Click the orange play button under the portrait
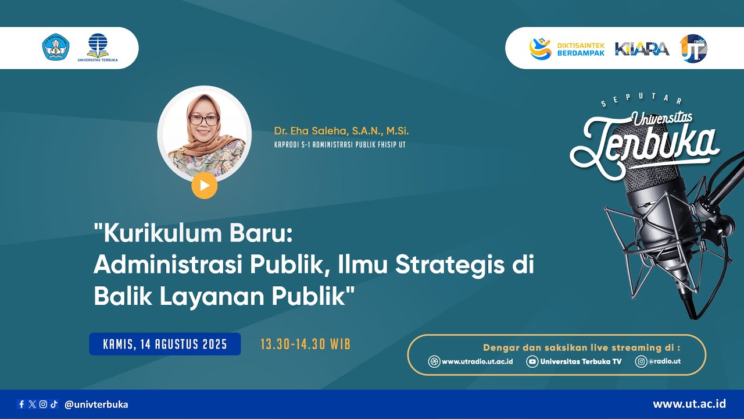coord(204,186)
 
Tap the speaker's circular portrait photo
coord(204,133)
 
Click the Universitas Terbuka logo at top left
coord(98,48)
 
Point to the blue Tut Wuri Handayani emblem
coord(56,47)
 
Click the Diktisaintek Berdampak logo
coord(567,48)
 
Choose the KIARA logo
coord(642,49)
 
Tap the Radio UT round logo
coord(693,48)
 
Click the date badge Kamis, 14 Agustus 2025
coord(164,344)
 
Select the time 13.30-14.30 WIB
coord(305,344)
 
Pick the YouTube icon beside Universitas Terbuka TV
coord(532,361)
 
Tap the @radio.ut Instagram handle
coord(664,361)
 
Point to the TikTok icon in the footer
coord(54,404)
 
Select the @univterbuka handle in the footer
coord(96,404)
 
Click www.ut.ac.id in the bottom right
coord(689,404)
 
